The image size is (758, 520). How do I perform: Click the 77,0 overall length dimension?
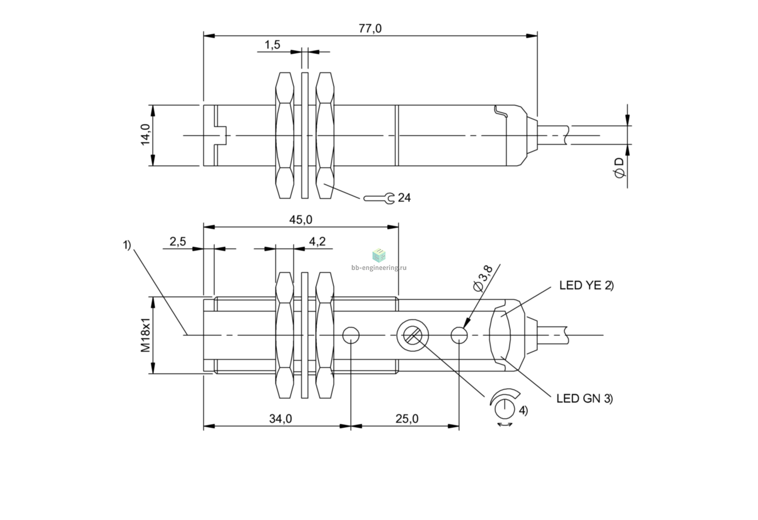pos(370,29)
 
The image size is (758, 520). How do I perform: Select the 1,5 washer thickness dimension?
pos(272,45)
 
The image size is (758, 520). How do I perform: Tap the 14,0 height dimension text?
pos(146,135)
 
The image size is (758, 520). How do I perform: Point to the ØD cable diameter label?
pos(619,168)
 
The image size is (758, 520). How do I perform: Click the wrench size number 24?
pos(404,198)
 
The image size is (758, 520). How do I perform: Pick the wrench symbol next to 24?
pos(379,198)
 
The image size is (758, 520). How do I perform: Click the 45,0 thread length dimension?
pos(300,220)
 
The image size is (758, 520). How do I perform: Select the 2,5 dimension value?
pos(177,241)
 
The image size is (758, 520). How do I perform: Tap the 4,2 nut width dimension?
pos(317,241)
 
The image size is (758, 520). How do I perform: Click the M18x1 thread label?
pos(146,335)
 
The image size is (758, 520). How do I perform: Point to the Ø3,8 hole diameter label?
pos(483,278)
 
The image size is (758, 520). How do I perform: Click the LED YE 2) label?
pos(587,285)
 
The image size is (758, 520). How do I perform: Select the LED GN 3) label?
pos(585,399)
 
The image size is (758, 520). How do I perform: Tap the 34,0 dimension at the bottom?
pos(281,419)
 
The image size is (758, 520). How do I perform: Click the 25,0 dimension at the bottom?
pos(407,419)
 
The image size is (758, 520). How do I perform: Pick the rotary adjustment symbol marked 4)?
pos(505,407)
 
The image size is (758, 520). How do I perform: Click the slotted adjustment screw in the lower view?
pos(412,335)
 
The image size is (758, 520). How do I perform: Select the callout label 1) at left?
pos(126,245)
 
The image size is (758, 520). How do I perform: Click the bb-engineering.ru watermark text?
pos(379,268)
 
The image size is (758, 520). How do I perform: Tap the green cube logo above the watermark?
pos(379,255)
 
